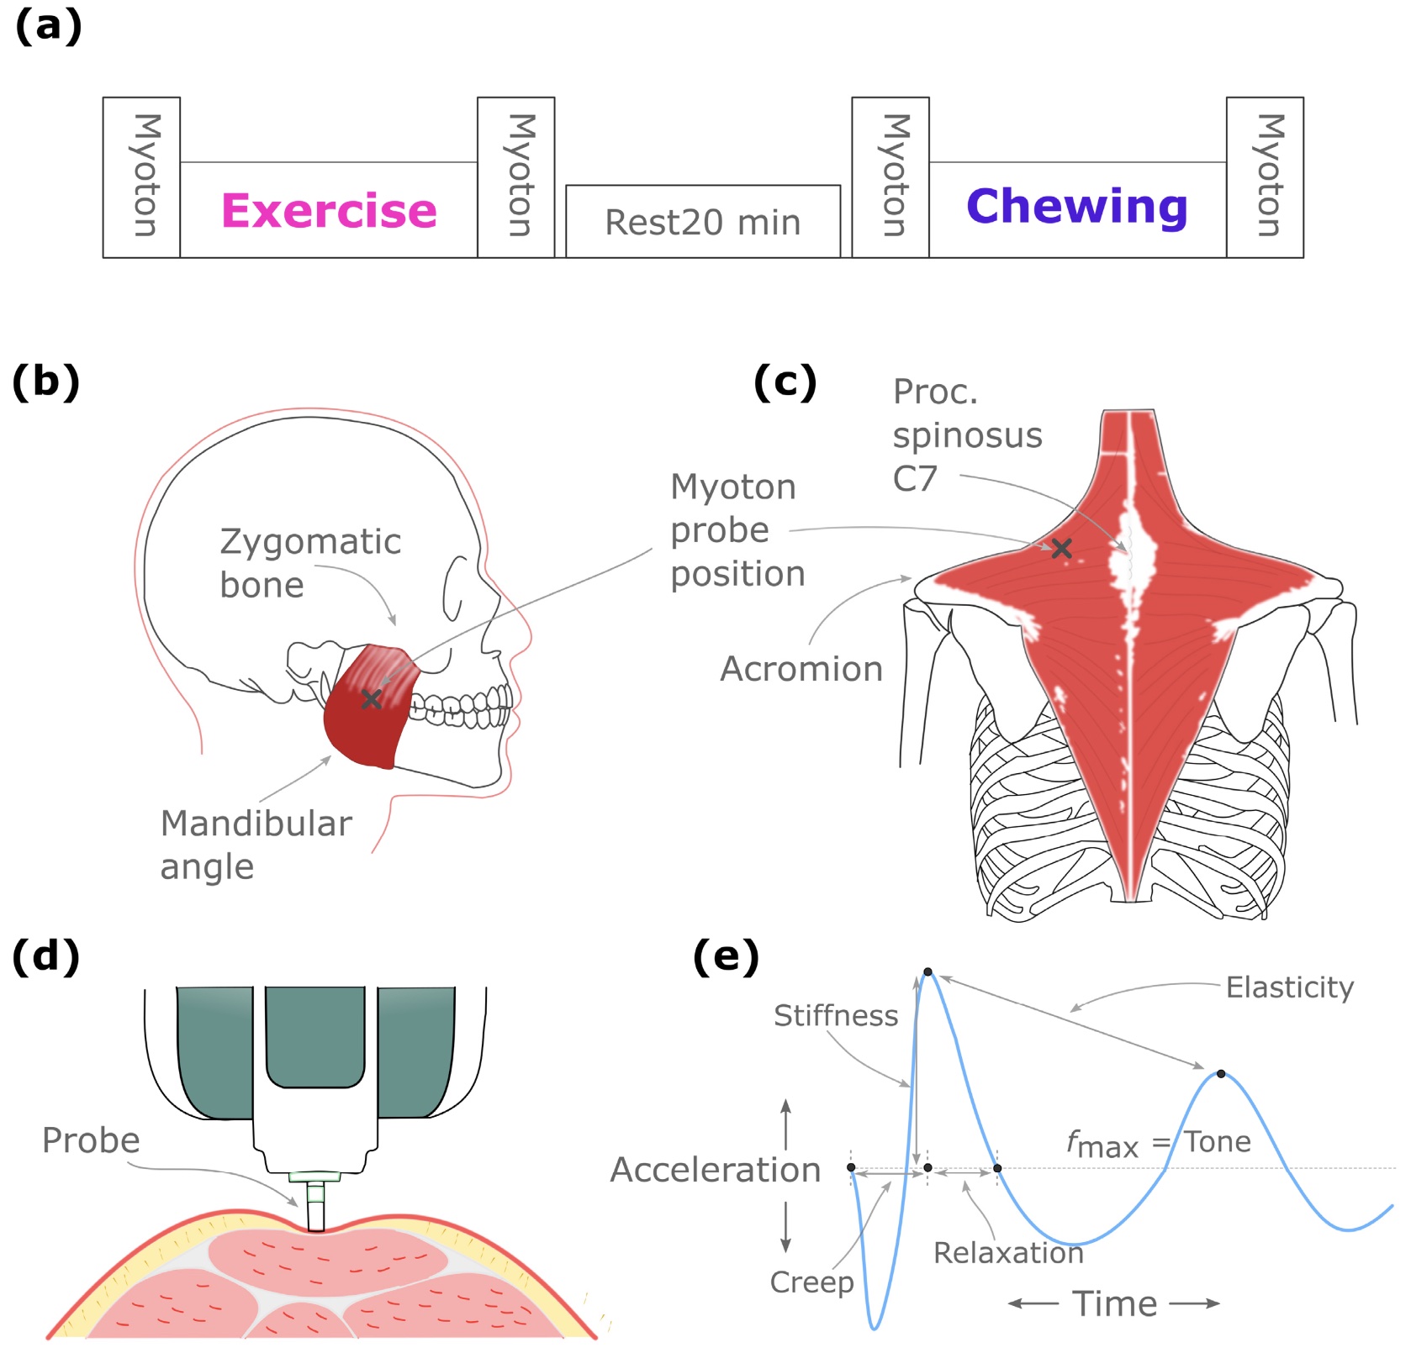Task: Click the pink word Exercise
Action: pos(329,211)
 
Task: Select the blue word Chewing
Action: pos(1076,207)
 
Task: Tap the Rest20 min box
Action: pos(703,223)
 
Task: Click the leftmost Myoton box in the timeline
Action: pos(141,176)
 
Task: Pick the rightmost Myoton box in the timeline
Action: pos(1265,176)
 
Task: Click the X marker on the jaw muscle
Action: pos(372,699)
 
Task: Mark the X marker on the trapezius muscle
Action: pos(1061,549)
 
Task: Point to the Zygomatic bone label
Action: pos(309,563)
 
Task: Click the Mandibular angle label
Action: pos(256,845)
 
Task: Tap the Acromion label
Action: pos(801,669)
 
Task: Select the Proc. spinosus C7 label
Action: pos(967,435)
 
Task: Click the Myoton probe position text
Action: pos(737,530)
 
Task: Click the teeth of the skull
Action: pos(462,710)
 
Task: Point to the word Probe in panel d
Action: pos(91,1140)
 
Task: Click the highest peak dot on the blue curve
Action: pos(927,972)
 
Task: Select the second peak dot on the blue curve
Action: pos(1221,1074)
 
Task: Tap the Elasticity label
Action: pos(1289,987)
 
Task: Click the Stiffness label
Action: pos(836,1016)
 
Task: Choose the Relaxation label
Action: pos(1008,1253)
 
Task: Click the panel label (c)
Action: pos(785,382)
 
